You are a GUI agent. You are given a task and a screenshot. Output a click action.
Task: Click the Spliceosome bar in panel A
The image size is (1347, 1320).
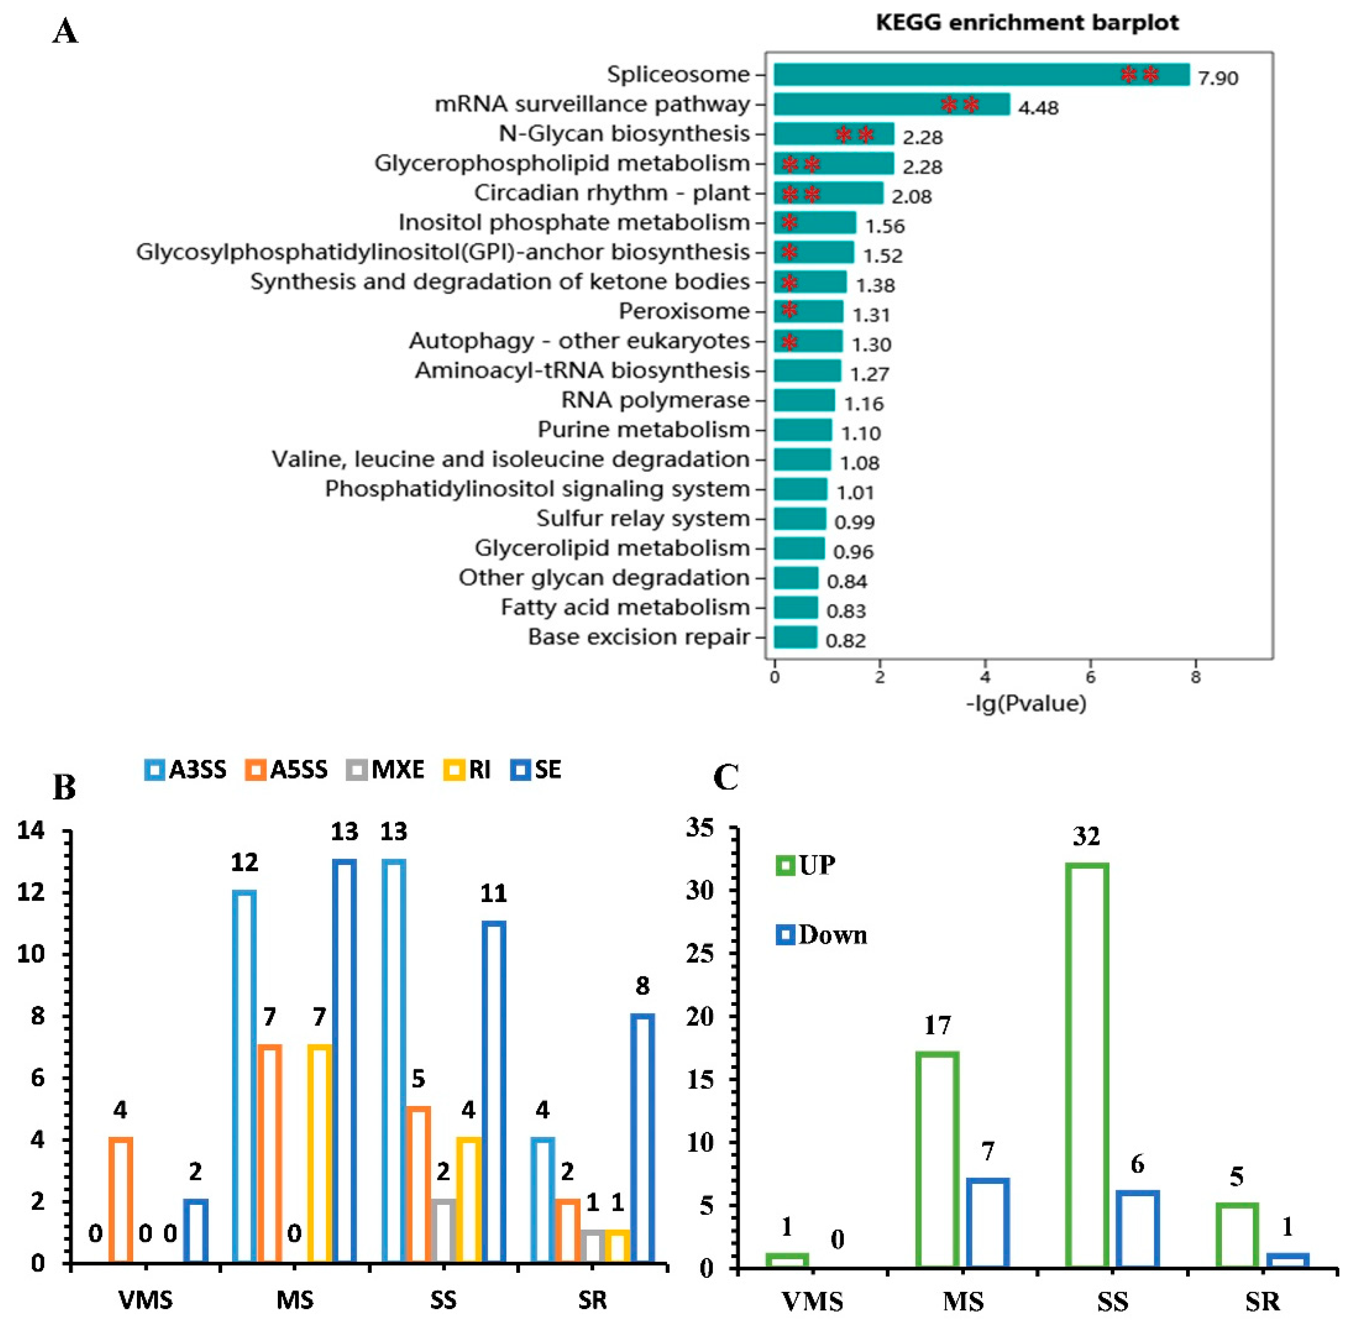click(x=980, y=75)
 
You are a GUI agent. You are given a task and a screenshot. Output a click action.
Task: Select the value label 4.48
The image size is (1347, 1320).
click(x=1038, y=107)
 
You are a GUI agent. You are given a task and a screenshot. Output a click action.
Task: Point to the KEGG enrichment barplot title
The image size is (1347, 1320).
click(x=1027, y=23)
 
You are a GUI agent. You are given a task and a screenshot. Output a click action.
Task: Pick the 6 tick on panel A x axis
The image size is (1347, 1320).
click(x=1090, y=677)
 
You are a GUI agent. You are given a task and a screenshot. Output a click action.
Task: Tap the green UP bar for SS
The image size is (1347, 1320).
click(x=1086, y=1066)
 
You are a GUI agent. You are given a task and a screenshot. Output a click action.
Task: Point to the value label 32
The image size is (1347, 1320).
click(x=1086, y=837)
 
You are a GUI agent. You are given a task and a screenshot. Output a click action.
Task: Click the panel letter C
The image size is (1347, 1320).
click(x=726, y=778)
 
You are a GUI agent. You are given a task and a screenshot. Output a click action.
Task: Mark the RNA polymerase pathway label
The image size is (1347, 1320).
click(x=655, y=400)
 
